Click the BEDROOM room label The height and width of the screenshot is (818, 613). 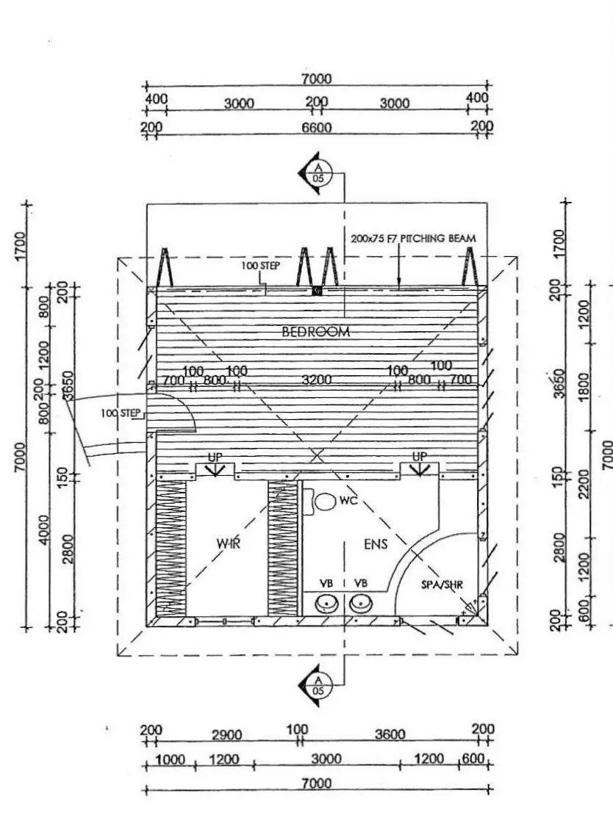tap(316, 331)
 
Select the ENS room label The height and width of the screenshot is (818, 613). tap(375, 543)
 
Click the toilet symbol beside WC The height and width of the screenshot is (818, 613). tap(324, 502)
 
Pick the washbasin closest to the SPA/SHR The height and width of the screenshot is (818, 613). tap(359, 604)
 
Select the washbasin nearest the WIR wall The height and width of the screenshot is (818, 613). tap(326, 604)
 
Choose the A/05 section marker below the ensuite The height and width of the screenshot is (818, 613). tap(318, 687)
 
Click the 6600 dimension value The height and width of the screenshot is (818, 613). tap(317, 128)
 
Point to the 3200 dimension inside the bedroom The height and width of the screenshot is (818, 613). tap(317, 380)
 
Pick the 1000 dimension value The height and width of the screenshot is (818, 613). tap(171, 760)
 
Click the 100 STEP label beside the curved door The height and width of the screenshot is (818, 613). tap(121, 413)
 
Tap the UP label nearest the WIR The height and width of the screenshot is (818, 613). tap(215, 457)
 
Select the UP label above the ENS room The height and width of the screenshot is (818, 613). tap(419, 457)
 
